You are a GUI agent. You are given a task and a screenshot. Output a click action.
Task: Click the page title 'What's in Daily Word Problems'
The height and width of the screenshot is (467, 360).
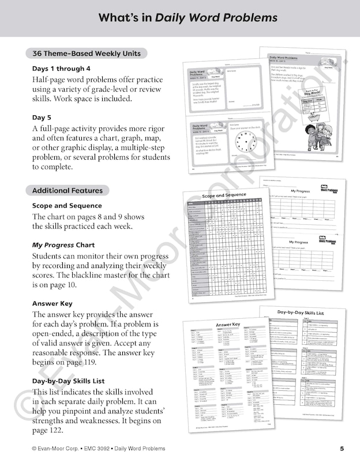tap(188, 18)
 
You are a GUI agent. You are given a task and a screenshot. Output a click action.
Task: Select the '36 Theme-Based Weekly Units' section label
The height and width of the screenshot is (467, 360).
tap(86, 54)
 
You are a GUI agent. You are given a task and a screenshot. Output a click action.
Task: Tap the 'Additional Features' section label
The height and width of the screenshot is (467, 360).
tap(67, 190)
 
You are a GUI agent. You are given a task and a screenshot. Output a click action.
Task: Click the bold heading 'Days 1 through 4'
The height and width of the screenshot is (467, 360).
tap(61, 68)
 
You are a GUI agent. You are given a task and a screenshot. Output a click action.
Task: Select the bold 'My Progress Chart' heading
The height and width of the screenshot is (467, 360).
tap(63, 245)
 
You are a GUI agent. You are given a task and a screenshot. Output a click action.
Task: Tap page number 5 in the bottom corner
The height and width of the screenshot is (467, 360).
tap(342, 449)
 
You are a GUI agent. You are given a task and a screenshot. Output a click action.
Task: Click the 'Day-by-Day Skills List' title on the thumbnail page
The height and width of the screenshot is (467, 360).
tap(302, 312)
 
